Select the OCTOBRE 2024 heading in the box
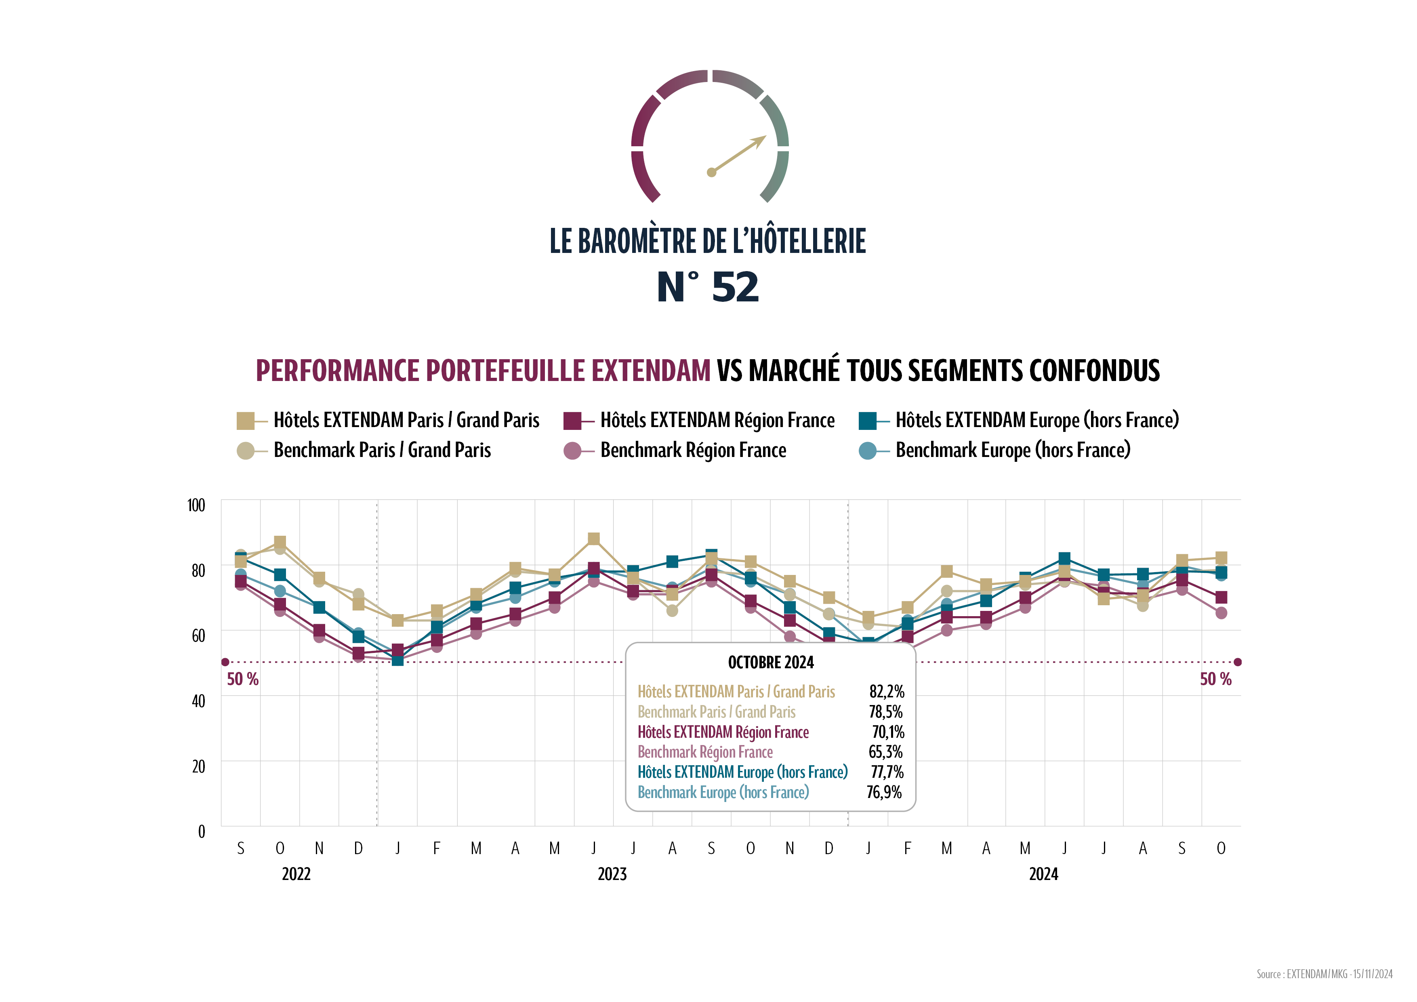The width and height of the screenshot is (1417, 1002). pos(771,663)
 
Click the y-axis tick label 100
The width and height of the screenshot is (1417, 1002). pos(196,505)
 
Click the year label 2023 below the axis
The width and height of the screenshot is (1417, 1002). pos(612,874)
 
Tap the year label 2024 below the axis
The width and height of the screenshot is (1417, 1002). pos(1043,874)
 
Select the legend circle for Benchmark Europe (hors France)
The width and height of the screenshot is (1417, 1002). pos(867,450)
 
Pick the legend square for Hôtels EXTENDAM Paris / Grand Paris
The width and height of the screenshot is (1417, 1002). pos(245,421)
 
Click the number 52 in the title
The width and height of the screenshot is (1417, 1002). pos(735,287)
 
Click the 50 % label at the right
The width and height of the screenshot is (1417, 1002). pos(1215,679)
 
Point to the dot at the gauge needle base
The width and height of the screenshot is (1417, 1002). pos(712,172)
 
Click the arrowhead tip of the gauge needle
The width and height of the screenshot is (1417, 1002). pos(765,137)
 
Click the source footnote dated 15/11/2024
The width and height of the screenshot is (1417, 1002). pos(1324,974)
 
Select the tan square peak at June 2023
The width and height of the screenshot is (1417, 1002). pos(594,539)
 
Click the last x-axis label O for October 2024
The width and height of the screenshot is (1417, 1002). pos(1221,849)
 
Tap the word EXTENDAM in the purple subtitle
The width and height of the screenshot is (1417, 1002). pos(651,370)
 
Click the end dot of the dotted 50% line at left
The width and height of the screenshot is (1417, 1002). pos(225,662)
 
